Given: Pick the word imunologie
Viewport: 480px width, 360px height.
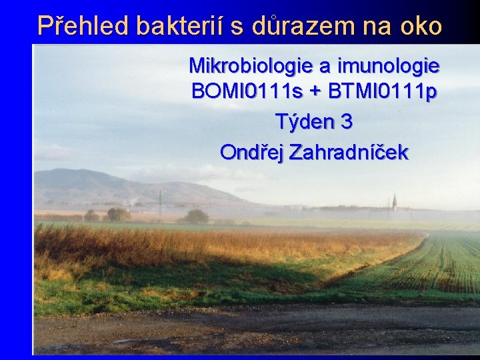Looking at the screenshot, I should click(389, 66).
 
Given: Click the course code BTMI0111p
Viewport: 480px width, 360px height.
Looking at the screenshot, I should click(383, 91).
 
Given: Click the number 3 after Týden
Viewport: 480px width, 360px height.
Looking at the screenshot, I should click(347, 122).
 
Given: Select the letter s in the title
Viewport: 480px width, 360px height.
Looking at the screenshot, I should click(237, 27).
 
